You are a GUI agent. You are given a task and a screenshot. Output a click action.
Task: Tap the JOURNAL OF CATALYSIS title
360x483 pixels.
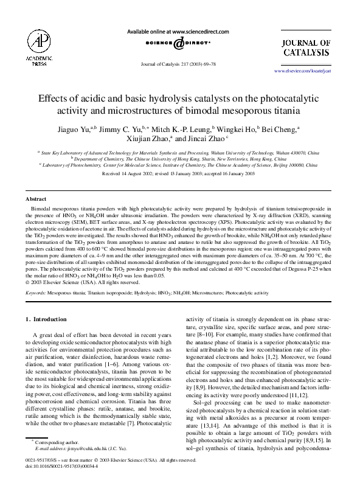306,47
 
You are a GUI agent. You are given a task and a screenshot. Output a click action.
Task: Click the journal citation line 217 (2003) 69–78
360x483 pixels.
178,63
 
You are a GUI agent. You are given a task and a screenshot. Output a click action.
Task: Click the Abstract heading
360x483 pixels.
36,199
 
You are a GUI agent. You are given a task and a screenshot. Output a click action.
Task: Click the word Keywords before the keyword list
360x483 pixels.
37,293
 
